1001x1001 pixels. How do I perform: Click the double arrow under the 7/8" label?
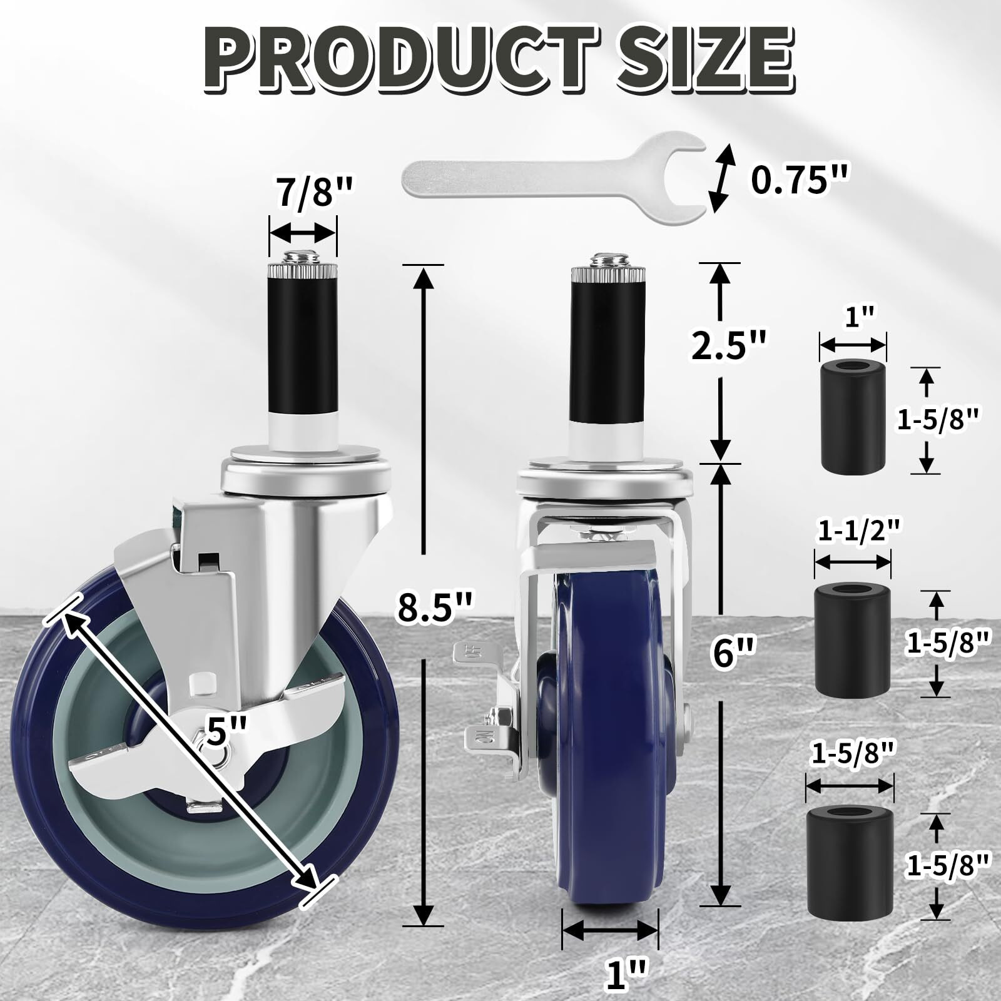(x=302, y=234)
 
